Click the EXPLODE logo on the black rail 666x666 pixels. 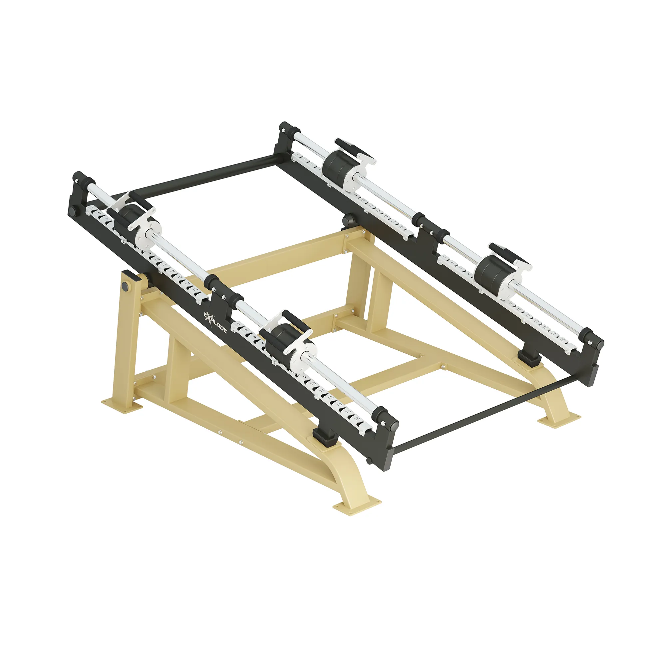(x=214, y=323)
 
